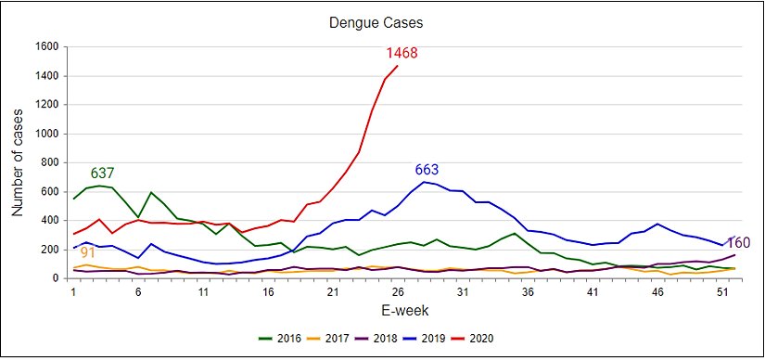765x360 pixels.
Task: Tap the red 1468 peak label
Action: tap(402, 53)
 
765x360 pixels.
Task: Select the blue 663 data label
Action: tap(427, 170)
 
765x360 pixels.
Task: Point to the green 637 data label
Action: tap(102, 174)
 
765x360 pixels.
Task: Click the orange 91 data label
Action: tap(88, 252)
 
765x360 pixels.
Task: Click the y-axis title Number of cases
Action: tap(17, 163)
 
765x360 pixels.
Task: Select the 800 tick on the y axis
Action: tap(49, 162)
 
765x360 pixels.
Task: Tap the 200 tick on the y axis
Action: tap(49, 250)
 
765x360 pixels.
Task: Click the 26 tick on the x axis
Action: tap(397, 290)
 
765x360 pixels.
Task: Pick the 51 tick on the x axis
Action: tap(720, 290)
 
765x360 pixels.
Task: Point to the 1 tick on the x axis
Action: tap(73, 290)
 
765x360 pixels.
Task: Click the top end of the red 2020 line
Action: tap(397, 66)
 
